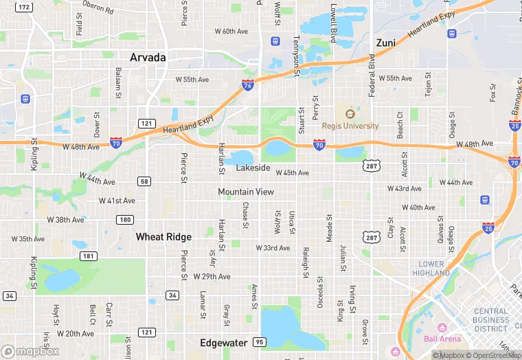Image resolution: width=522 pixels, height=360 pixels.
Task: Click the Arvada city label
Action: [148, 58]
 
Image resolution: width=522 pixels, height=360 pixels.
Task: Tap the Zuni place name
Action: [385, 43]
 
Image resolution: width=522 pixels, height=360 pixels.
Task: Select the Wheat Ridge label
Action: [163, 236]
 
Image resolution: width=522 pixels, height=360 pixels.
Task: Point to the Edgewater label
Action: [223, 342]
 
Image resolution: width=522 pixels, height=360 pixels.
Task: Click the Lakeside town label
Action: [253, 168]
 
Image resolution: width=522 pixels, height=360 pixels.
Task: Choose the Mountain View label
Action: [246, 192]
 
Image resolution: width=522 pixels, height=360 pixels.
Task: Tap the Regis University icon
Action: [349, 114]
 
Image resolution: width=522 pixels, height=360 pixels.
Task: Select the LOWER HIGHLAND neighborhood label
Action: [432, 268]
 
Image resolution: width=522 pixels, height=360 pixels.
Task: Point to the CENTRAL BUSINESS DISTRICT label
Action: [491, 320]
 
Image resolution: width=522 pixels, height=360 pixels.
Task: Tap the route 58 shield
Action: [144, 181]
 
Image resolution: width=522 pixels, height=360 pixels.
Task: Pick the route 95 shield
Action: [258, 341]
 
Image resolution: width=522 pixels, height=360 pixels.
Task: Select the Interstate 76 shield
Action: [247, 85]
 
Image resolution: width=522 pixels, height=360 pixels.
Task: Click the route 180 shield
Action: [124, 220]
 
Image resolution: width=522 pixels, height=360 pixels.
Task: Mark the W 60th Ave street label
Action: [230, 32]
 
